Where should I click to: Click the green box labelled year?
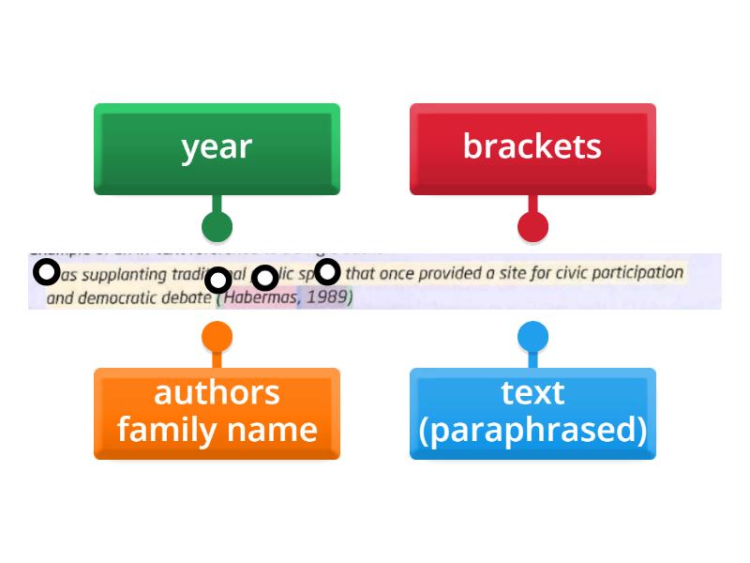click(x=217, y=148)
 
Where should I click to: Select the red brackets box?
click(x=532, y=148)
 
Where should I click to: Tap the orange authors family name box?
click(x=217, y=413)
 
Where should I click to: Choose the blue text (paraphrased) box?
click(x=532, y=413)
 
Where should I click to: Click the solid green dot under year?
click(x=217, y=226)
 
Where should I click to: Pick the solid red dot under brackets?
click(x=532, y=226)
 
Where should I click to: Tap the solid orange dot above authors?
click(x=217, y=338)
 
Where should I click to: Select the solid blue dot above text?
click(x=532, y=338)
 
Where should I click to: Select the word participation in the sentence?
click(x=639, y=273)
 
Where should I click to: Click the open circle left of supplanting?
click(x=47, y=273)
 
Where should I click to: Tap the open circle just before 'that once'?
click(x=326, y=272)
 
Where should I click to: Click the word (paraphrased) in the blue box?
click(x=532, y=431)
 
